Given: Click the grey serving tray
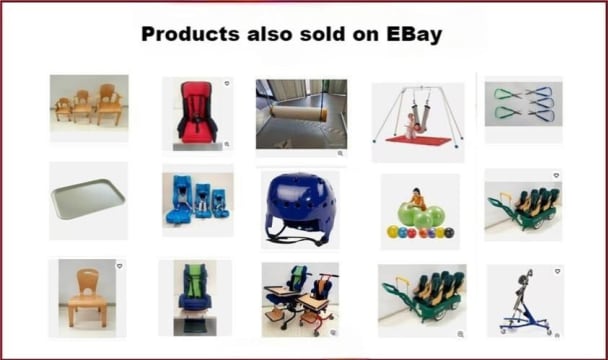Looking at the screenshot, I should pos(87,200).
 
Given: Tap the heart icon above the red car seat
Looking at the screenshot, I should pos(226,84).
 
